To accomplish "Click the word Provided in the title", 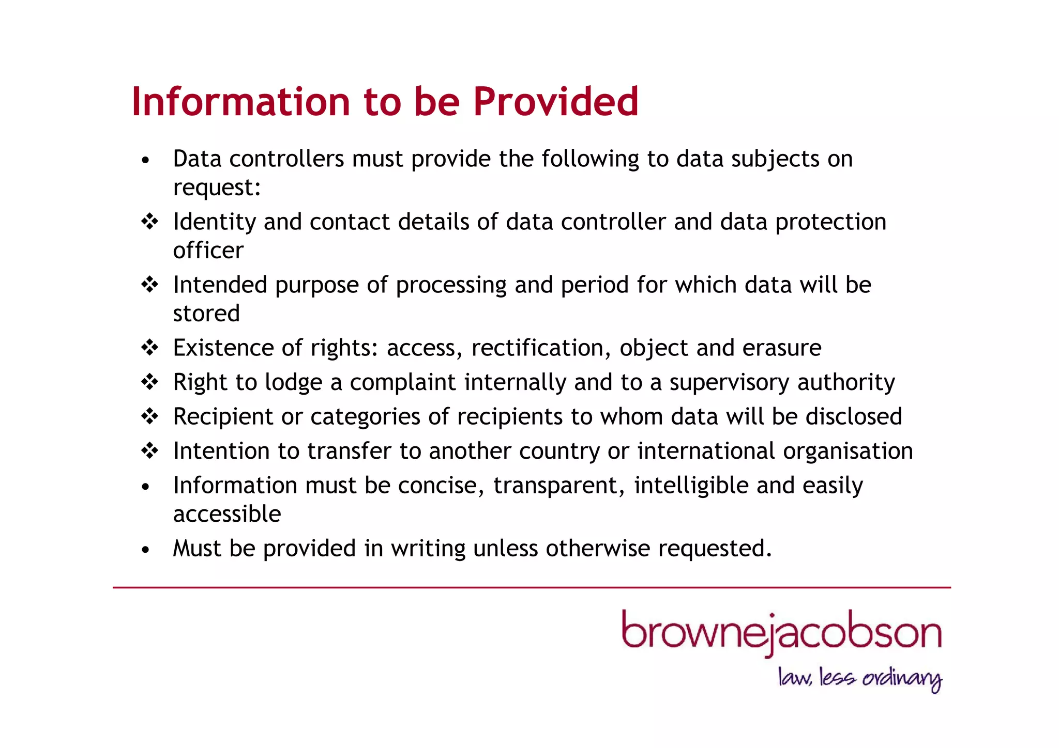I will (556, 101).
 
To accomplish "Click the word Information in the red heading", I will (241, 101).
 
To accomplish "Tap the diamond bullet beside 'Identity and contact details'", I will (149, 222).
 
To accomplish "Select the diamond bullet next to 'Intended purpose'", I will (149, 285).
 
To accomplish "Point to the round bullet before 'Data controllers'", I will (146, 160).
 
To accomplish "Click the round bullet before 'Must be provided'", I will (146, 550).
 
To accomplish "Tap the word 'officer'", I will (208, 251).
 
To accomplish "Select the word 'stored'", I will (206, 314).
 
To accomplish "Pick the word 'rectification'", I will (538, 348).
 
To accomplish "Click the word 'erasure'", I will (782, 348).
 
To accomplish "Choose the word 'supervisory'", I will (730, 383).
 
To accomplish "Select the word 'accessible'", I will (227, 514).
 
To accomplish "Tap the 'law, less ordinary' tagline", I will (860, 678).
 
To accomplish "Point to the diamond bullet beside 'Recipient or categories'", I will (149, 416).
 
